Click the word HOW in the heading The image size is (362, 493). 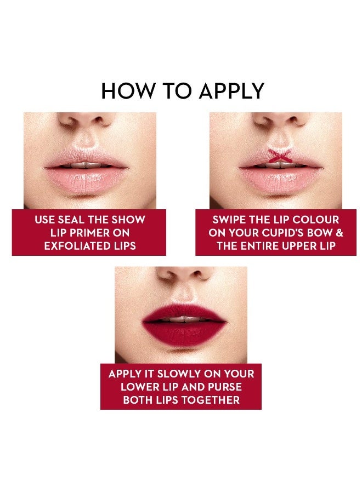click(x=128, y=91)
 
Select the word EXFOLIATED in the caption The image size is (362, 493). click(x=76, y=246)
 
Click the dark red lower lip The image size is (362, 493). click(x=184, y=334)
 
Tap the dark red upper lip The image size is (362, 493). click(x=184, y=313)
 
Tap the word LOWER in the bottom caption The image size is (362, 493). click(x=137, y=387)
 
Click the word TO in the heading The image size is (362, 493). click(x=178, y=91)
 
